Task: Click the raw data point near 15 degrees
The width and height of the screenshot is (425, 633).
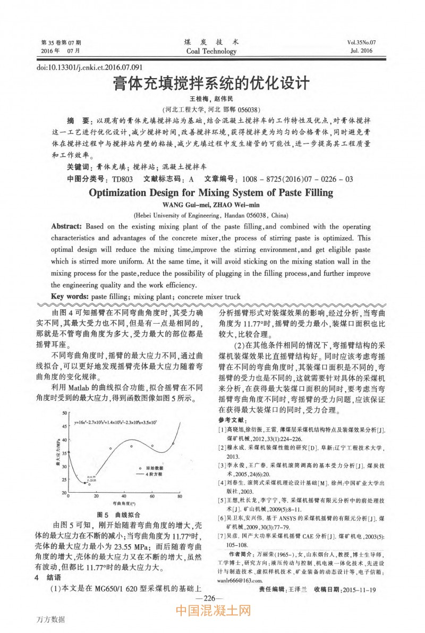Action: (89, 484)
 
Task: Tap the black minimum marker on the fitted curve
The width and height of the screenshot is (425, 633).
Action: (84, 482)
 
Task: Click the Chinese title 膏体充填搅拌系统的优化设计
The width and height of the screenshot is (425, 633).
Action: (211, 84)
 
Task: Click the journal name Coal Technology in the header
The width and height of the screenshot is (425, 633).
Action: (211, 51)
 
